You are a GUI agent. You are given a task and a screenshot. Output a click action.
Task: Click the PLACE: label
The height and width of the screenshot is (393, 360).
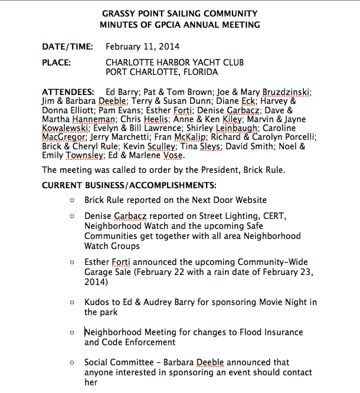57,63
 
